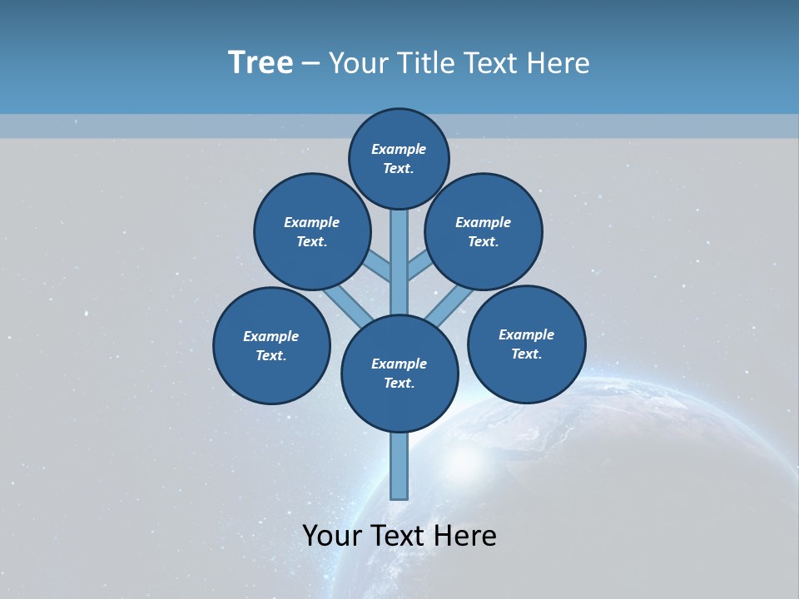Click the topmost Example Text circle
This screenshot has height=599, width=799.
pos(399,158)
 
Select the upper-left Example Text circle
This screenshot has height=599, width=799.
pos(312,231)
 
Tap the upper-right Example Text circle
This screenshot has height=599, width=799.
pos(484,231)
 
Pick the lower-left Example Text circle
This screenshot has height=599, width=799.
pos(271,345)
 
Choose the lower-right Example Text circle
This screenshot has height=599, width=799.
pos(527,344)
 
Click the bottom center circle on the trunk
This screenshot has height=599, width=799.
pos(399,373)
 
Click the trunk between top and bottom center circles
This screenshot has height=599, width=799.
pos(399,262)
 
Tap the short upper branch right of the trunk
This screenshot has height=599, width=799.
pos(419,264)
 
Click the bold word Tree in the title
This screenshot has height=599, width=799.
pos(261,63)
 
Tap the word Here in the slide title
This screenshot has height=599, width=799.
pos(560,63)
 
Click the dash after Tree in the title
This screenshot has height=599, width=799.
pos(311,63)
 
